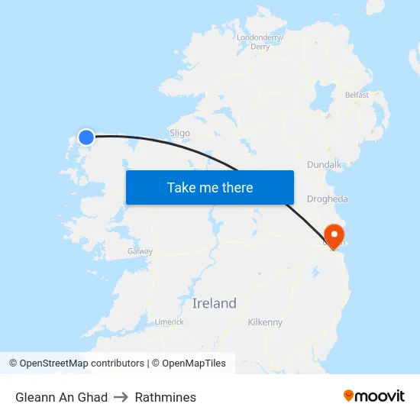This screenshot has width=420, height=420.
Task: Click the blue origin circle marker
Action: click(86, 137)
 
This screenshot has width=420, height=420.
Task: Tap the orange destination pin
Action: click(334, 235)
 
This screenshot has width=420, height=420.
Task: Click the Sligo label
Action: click(179, 133)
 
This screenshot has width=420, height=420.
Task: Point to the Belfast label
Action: click(357, 95)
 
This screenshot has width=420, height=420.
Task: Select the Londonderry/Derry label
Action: click(260, 42)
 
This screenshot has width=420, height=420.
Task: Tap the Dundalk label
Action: click(324, 165)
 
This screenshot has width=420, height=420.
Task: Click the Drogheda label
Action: click(327, 199)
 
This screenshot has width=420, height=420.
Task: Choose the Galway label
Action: click(140, 251)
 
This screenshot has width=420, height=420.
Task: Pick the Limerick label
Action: click(170, 322)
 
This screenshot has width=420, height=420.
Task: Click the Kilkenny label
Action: click(265, 322)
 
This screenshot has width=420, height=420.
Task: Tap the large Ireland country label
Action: click(214, 303)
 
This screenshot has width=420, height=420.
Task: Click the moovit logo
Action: click(374, 396)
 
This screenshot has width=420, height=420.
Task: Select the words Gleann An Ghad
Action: click(61, 397)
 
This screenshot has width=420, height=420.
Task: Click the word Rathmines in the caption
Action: click(166, 397)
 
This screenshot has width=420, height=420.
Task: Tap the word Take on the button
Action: click(181, 188)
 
